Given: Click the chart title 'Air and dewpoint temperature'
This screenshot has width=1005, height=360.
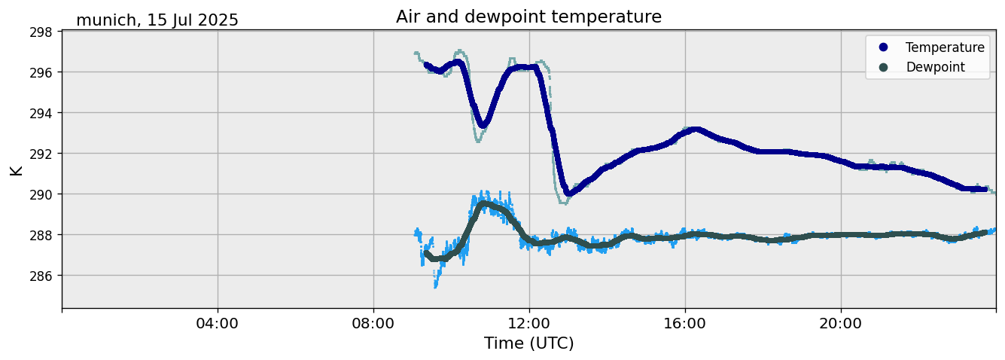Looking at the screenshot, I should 528,17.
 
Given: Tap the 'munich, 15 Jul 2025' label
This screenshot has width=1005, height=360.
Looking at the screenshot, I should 157,20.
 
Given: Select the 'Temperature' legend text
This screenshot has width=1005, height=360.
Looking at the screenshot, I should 945,47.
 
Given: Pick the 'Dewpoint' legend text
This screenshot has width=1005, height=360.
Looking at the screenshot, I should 935,67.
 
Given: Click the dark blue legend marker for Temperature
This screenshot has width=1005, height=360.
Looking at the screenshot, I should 883,47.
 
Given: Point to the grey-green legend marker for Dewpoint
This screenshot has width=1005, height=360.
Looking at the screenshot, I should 883,67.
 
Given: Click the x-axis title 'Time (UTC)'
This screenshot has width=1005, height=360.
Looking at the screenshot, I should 528,343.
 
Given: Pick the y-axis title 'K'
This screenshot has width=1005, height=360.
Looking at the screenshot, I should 16,169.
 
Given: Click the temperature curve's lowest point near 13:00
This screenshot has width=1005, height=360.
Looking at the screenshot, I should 568,194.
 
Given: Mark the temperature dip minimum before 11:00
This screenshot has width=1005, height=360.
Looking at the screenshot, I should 483,124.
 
